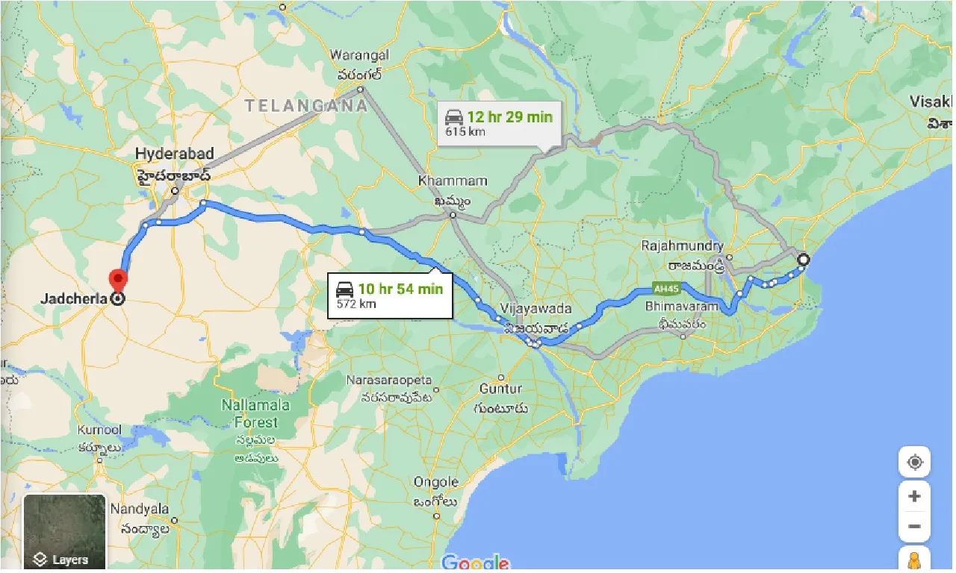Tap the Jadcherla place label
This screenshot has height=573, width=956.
point(74,299)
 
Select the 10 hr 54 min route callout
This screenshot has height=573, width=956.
point(389,295)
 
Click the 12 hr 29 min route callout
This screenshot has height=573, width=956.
point(498,122)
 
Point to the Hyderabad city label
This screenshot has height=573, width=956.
point(175,154)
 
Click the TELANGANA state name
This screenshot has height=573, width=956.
point(306,106)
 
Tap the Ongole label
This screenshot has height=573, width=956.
point(436,482)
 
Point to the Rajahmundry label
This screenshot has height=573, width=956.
point(683,245)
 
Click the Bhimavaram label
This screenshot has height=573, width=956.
point(683,306)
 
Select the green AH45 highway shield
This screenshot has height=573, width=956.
point(663,288)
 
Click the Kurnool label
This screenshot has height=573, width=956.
point(99,430)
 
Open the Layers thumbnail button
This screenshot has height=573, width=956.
point(64,531)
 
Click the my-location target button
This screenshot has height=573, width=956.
point(915,463)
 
